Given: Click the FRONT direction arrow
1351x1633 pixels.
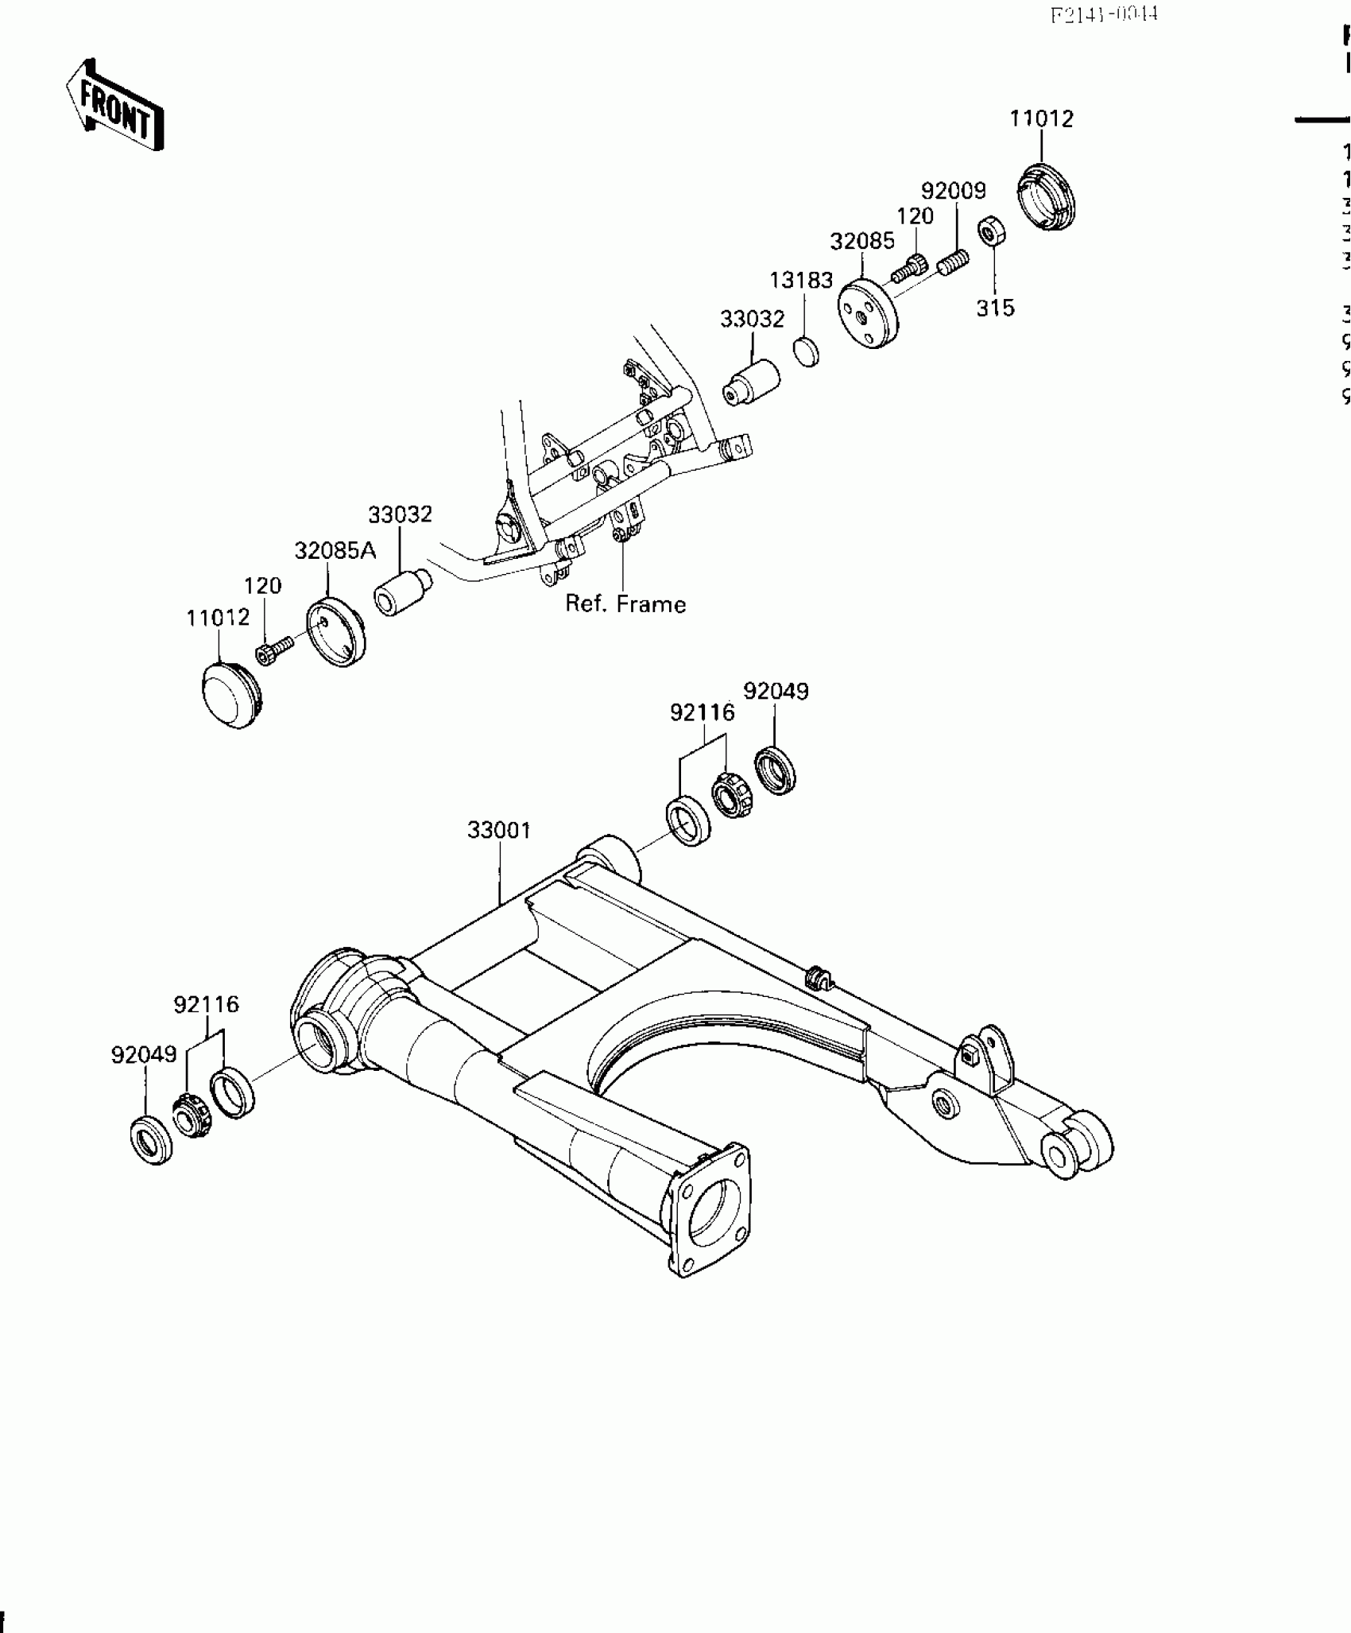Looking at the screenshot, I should pyautogui.click(x=114, y=105).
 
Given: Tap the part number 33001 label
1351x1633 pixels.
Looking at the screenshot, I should pyautogui.click(x=498, y=831).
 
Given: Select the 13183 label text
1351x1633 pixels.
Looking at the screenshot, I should pyautogui.click(x=800, y=281).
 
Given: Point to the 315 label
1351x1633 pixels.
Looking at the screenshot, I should pyautogui.click(x=995, y=308).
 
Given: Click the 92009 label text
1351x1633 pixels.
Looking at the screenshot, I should pyautogui.click(x=953, y=192).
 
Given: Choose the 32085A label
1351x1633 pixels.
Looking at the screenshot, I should pyautogui.click(x=335, y=551).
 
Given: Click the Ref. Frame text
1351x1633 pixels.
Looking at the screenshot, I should pyautogui.click(x=625, y=604).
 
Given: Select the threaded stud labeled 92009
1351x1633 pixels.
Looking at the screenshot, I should pyautogui.click(x=953, y=262).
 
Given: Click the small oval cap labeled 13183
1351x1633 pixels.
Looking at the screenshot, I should pyautogui.click(x=807, y=351).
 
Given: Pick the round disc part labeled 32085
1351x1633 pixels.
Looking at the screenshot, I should pyautogui.click(x=868, y=312).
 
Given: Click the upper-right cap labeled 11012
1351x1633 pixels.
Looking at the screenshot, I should pyautogui.click(x=1047, y=198).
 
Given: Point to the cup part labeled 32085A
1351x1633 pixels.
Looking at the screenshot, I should pyautogui.click(x=336, y=632).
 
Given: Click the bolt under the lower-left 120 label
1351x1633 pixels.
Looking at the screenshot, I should pyautogui.click(x=272, y=652).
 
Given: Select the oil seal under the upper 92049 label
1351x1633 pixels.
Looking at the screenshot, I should pyautogui.click(x=775, y=770).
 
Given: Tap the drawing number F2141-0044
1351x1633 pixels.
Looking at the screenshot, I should pyautogui.click(x=1104, y=15).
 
